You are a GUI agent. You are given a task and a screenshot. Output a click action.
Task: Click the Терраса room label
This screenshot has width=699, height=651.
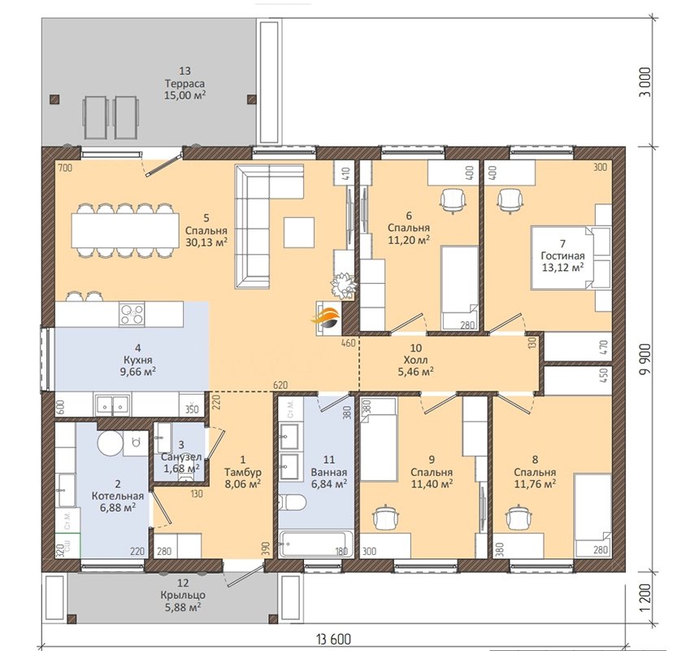[185, 84]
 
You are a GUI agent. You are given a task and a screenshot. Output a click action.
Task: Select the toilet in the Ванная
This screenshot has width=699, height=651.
[293, 505]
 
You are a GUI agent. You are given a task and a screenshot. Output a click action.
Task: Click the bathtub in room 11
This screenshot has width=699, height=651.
[316, 544]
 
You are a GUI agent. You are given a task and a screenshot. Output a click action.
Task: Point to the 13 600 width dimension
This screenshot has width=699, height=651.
[334, 640]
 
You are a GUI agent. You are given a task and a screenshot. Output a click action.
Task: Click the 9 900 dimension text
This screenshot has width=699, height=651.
[645, 359]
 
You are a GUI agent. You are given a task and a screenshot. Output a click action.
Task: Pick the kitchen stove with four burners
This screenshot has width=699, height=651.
[132, 313]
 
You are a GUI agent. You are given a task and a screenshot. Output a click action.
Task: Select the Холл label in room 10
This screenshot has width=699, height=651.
[415, 360]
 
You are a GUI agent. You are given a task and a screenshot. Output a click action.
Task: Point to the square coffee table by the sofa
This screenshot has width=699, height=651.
[298, 232]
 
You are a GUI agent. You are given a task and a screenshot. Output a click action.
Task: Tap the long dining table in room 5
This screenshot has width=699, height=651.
[125, 230]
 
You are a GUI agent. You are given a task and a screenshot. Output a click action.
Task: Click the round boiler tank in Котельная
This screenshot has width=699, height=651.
[110, 443]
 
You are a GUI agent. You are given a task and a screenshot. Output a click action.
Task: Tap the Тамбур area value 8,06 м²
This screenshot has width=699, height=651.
[242, 483]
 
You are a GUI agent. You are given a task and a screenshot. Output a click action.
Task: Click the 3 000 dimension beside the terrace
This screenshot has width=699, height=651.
[645, 81]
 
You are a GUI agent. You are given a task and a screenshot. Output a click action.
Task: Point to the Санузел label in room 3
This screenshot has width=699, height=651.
[181, 457]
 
